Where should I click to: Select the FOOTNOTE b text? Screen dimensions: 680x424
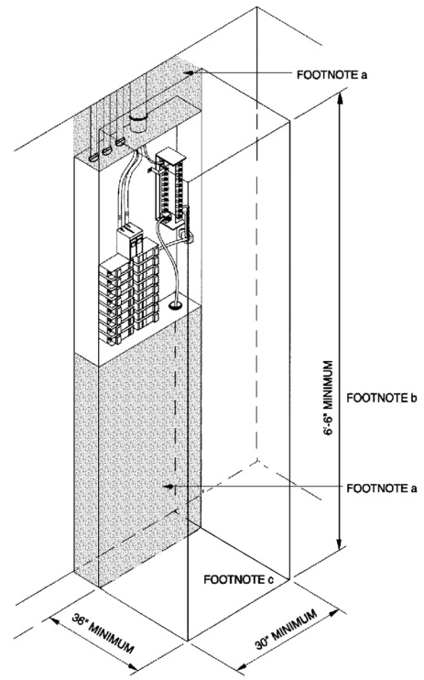[382, 399]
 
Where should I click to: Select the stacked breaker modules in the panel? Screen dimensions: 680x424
[131, 293]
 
